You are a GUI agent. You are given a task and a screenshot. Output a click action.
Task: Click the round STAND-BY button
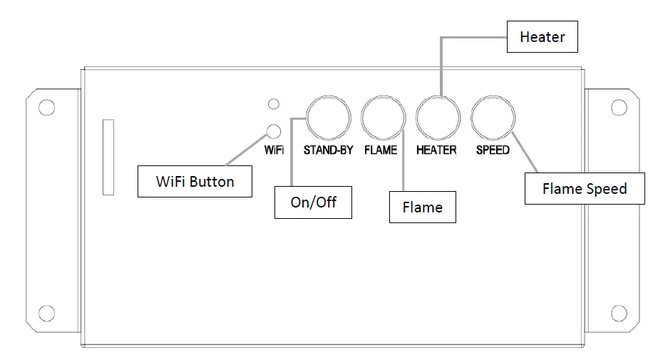[329, 118]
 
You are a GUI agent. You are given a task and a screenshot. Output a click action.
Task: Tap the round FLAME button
[383, 118]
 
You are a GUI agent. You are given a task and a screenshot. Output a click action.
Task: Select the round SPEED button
[493, 118]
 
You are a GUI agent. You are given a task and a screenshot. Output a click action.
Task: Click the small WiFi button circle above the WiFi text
[273, 130]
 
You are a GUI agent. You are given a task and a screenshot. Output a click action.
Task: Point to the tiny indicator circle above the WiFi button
[273, 104]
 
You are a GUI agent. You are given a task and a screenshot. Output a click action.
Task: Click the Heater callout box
[542, 37]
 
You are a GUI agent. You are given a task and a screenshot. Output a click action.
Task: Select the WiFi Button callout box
[195, 182]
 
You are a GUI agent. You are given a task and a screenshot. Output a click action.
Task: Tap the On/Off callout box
[313, 202]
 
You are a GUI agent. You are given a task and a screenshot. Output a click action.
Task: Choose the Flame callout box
[422, 207]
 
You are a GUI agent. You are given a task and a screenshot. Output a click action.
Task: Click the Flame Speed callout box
[584, 189]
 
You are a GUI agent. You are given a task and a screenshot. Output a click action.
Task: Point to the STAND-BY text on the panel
[329, 150]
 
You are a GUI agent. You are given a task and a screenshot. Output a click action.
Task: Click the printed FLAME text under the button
[381, 150]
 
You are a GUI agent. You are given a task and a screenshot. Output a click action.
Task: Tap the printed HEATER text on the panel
[436, 150]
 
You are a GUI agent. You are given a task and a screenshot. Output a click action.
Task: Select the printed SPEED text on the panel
[493, 150]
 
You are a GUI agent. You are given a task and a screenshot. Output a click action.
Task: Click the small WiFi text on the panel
[274, 150]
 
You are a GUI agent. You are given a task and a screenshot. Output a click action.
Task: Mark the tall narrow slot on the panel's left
[108, 157]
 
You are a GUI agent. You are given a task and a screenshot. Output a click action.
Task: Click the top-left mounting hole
[46, 108]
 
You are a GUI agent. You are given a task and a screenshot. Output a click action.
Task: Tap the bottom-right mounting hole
[619, 312]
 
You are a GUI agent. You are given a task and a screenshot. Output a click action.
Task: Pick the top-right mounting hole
[619, 108]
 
